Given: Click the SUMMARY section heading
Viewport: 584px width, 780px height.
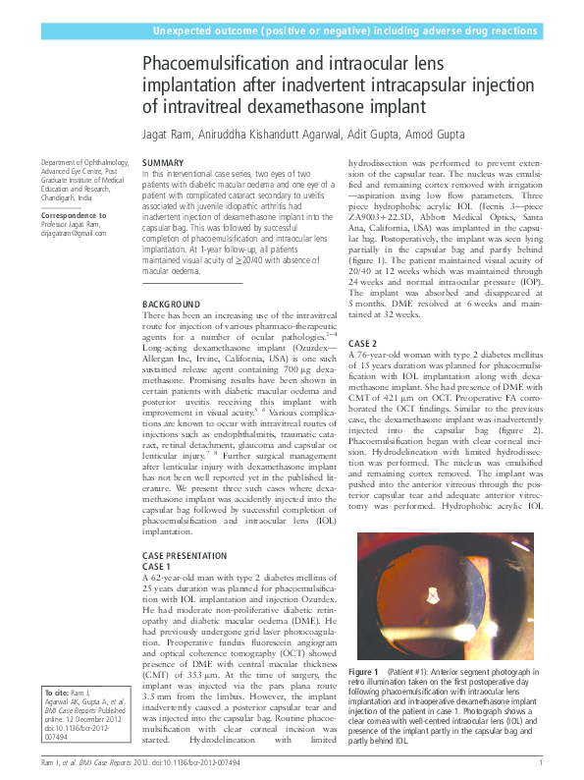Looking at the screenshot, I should click(163, 162).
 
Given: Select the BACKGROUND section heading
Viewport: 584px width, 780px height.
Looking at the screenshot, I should click(172, 306).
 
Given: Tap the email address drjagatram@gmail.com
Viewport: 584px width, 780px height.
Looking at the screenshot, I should click(73, 233).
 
